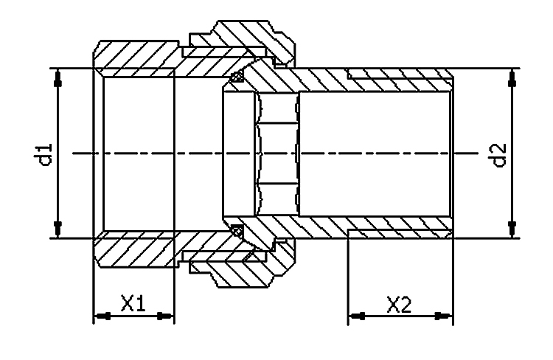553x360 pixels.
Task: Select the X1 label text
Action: pyautogui.click(x=132, y=303)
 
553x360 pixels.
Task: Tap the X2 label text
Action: pyautogui.click(x=399, y=303)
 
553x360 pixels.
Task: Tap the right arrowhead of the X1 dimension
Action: pyautogui.click(x=164, y=316)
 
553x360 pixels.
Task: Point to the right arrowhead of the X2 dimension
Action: pyautogui.click(x=442, y=316)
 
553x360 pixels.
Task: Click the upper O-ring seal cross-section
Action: pyautogui.click(x=237, y=76)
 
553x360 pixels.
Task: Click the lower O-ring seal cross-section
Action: pyautogui.click(x=237, y=231)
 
